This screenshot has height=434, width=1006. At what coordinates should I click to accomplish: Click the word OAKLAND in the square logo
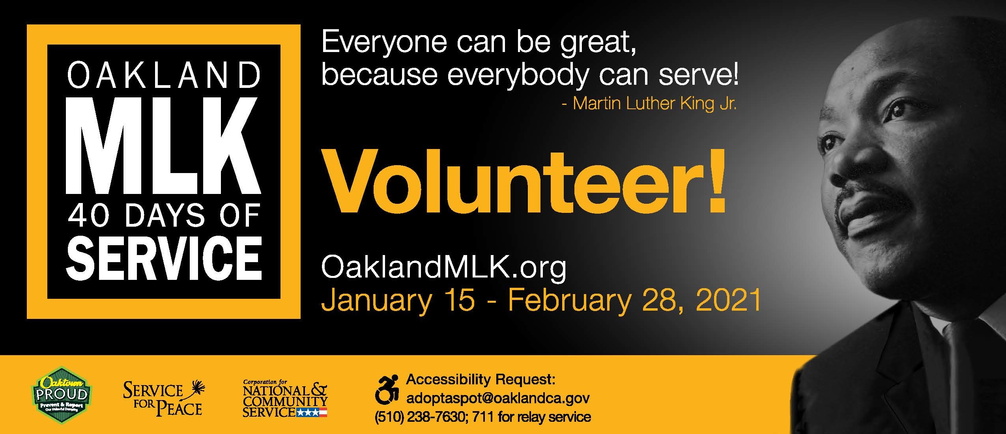click(164, 76)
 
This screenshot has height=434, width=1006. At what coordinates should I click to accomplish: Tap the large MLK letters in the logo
click(164, 146)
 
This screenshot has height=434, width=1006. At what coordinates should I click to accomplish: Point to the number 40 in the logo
click(88, 216)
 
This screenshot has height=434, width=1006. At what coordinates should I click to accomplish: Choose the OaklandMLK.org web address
click(443, 268)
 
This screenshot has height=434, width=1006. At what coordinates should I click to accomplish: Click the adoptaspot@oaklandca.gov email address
click(498, 398)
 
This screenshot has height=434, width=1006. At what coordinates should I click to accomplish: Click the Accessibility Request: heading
click(481, 380)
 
